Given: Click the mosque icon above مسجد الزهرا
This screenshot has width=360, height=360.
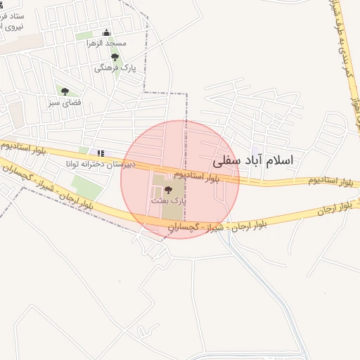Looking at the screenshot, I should pos(107,32).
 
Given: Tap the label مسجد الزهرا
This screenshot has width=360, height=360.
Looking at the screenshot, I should pos(110,43).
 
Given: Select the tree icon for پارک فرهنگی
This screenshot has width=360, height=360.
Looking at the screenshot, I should pos(115,57).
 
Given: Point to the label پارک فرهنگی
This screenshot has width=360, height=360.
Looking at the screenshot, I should pos(113,68).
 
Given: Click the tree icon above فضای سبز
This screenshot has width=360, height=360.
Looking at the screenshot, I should pos(65,91).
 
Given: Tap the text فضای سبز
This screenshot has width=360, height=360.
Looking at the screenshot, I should pos(65,102).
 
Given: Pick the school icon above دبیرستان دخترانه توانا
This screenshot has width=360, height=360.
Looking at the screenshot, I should pos(101,152).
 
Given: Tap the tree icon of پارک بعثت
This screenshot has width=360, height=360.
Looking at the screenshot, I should pos(167,189).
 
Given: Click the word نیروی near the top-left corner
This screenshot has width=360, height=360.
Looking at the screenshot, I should pos(13,25).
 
